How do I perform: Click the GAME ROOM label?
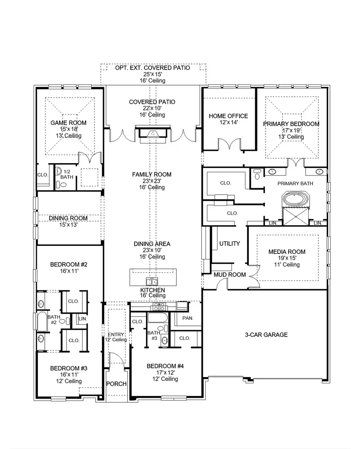pos(68,123)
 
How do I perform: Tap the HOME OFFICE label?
pos(228,116)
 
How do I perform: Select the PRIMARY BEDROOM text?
pos(291,124)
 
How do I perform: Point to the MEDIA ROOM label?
pos(287,251)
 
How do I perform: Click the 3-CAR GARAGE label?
pos(266,335)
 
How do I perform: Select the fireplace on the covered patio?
pos(152,134)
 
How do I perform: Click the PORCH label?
pos(116,384)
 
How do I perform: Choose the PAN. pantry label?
pos(188,318)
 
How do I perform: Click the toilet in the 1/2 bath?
pos(62,185)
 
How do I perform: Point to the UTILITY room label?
pos(230,243)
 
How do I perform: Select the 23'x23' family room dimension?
pos(152,181)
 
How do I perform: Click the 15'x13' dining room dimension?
pos(68,225)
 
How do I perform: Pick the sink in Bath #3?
pos(165,341)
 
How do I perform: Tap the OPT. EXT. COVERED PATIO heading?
pos(152,68)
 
